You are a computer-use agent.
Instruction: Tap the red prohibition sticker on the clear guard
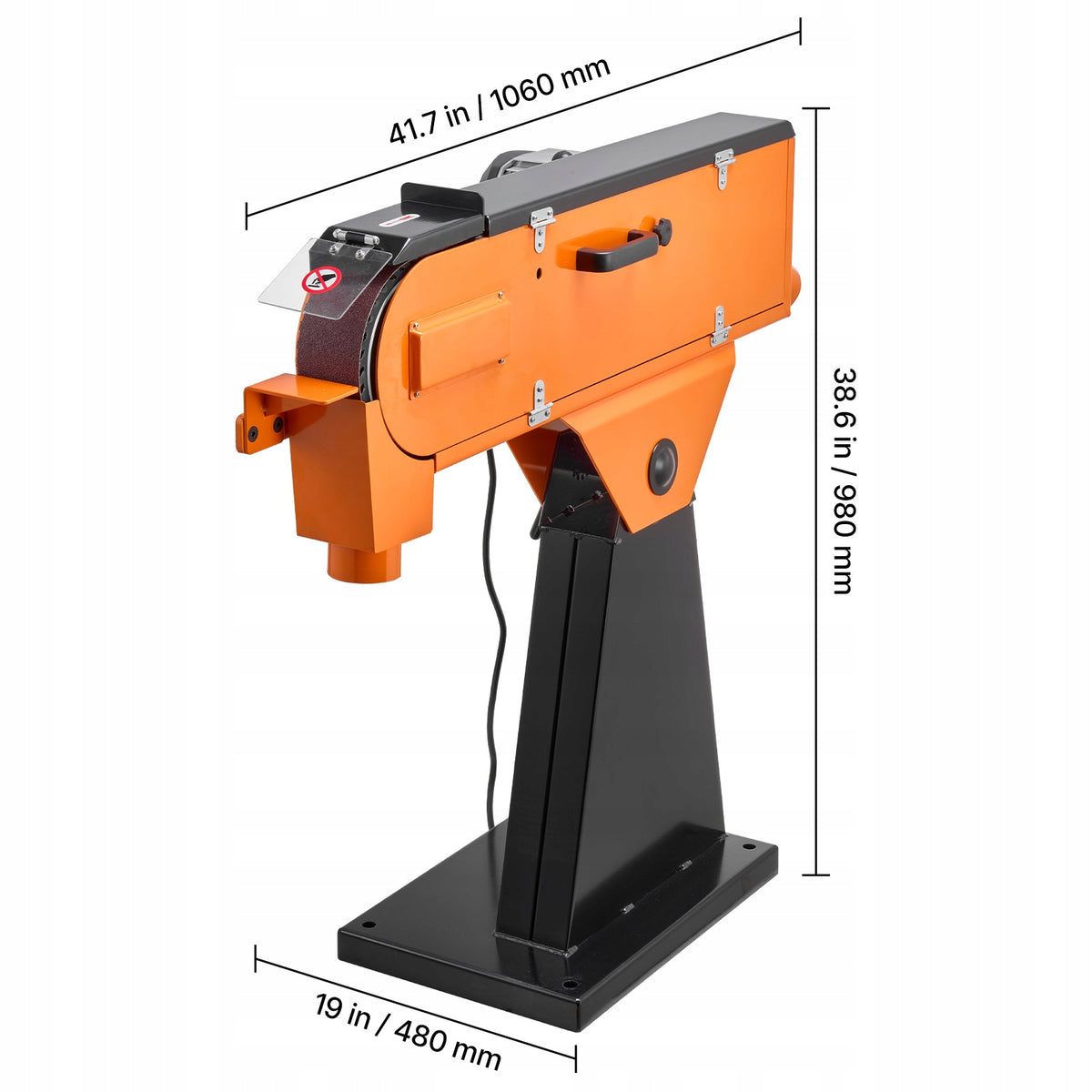pos(321,280)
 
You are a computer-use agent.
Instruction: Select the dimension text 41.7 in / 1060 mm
pos(500,100)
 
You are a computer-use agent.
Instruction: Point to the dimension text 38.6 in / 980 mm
pos(844,481)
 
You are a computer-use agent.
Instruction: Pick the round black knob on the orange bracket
pos(662,467)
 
